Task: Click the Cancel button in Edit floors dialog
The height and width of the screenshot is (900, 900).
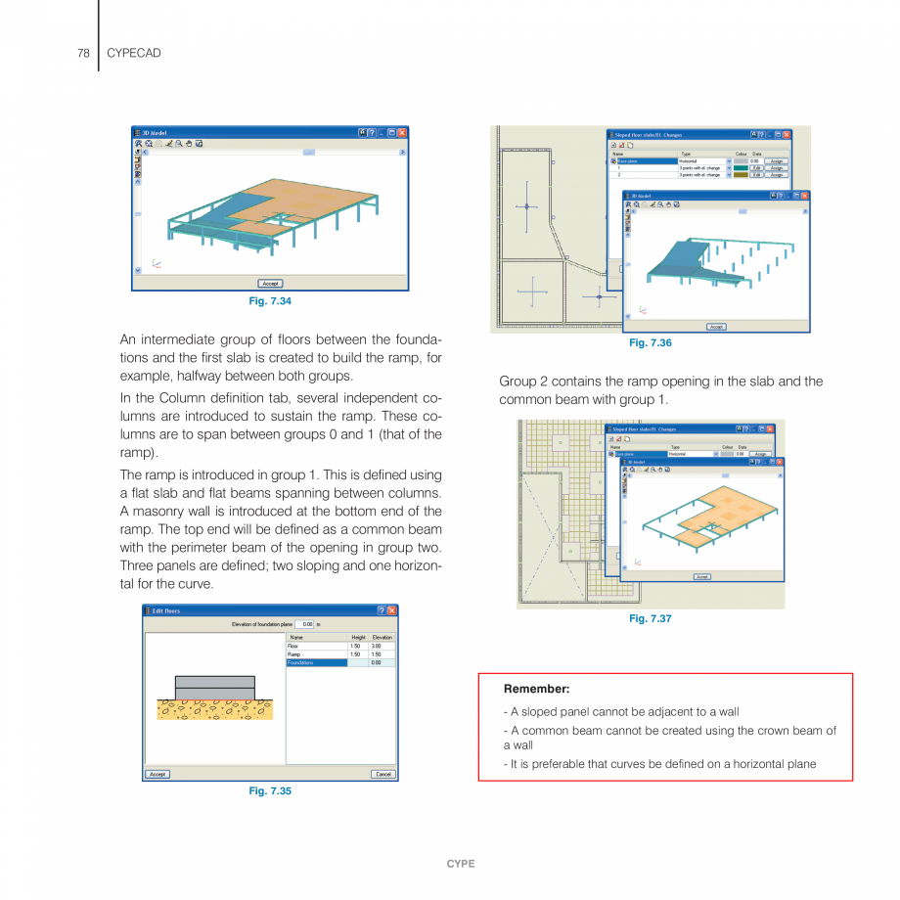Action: [383, 774]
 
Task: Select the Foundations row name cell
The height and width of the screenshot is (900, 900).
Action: [316, 663]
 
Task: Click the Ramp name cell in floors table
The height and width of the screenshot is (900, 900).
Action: [316, 654]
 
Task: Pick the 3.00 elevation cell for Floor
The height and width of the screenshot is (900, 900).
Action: [382, 646]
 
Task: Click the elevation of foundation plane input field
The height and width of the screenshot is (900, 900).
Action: [306, 624]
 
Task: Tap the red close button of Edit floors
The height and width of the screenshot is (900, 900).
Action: [392, 610]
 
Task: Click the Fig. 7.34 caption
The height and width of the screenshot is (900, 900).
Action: [270, 301]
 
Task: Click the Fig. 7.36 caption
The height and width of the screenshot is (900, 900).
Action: [651, 343]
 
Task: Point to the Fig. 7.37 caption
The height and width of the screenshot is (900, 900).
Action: [651, 619]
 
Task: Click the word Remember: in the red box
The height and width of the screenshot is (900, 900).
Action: [536, 690]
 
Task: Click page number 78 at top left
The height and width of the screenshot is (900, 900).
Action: [84, 53]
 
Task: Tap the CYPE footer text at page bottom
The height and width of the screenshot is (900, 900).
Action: [461, 864]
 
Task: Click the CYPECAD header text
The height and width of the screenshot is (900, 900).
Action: [133, 53]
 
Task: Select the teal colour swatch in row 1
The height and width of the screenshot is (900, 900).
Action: [741, 168]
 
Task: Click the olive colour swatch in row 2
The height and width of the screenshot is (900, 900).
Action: [741, 175]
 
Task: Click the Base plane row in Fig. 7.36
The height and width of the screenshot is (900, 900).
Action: [646, 161]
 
